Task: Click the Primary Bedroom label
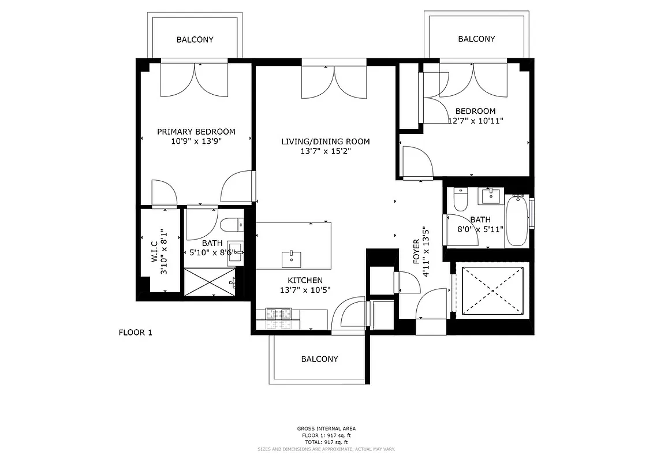coord(196,132)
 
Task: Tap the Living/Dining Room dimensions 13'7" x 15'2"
coord(326,151)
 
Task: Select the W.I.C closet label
coord(155,254)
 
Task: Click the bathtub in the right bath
coord(517,222)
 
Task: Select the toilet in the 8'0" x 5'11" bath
coord(461,200)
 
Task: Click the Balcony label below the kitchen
coord(319,359)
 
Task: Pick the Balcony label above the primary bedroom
coord(195,40)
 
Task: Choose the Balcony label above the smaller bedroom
coord(476,39)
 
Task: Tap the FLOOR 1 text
coord(135,332)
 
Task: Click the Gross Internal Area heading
coord(326,429)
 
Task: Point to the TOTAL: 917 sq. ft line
coord(326,441)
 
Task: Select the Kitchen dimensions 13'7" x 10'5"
coord(305,290)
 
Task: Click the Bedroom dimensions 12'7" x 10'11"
coord(476,121)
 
